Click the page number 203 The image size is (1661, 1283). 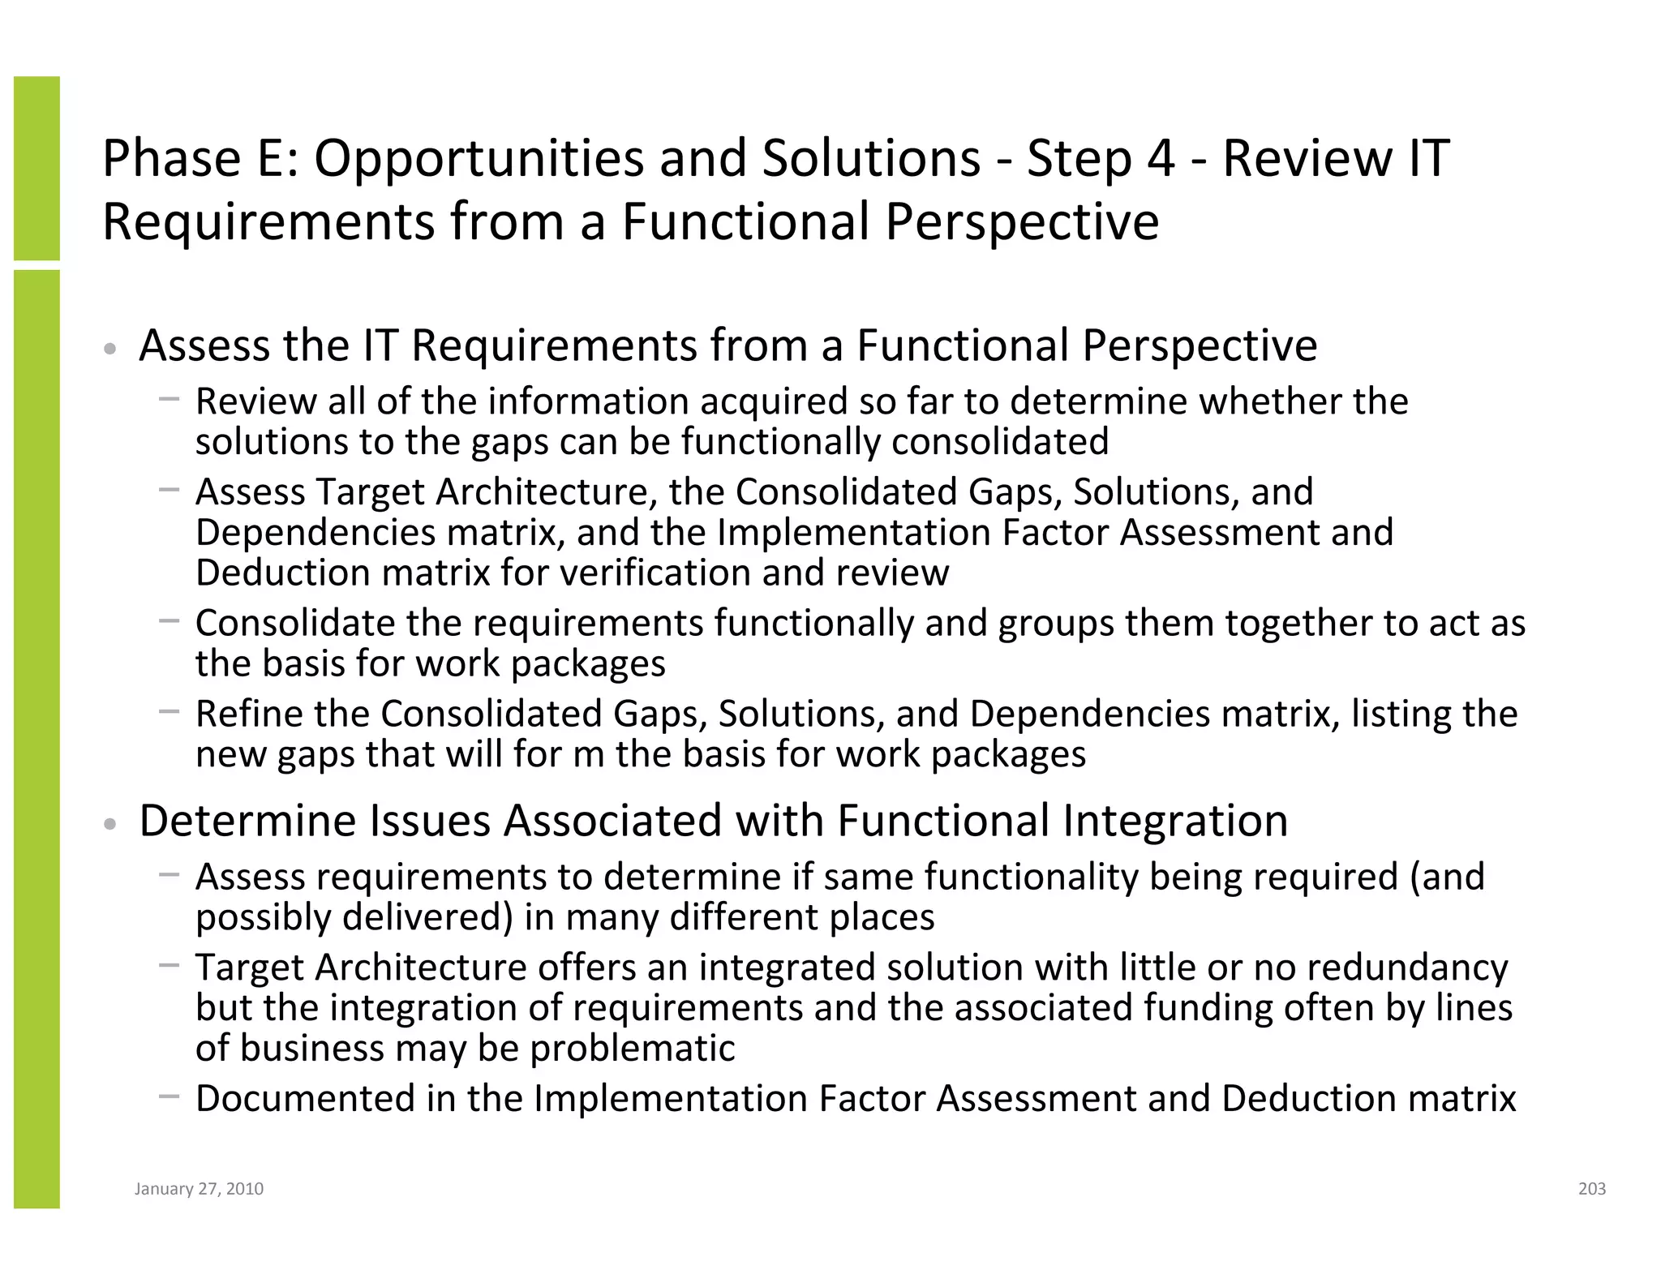[1591, 1189]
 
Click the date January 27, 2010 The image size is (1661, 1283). [199, 1189]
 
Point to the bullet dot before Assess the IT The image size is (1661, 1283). [110, 350]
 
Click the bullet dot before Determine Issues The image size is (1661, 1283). [110, 825]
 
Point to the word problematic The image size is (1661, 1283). [632, 1048]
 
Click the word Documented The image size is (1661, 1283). [304, 1099]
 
